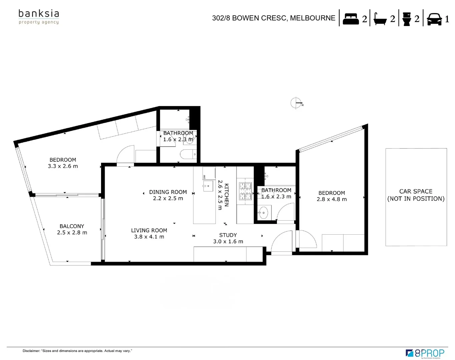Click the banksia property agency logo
tap(39, 17)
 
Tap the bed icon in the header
tap(351, 18)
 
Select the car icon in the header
tap(434, 19)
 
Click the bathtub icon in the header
tap(380, 19)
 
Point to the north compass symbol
tap(296, 103)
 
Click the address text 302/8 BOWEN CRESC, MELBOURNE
tap(274, 18)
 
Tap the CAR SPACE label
tap(416, 191)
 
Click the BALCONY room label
tap(72, 226)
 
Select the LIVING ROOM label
tap(149, 230)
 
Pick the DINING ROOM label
tap(168, 192)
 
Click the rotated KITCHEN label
tap(226, 195)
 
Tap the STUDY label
tap(228, 235)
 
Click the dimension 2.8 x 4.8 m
tap(332, 199)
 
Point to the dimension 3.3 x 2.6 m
tap(63, 166)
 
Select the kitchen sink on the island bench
tap(208, 186)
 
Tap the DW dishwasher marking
tap(204, 177)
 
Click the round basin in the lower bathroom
tap(263, 212)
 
